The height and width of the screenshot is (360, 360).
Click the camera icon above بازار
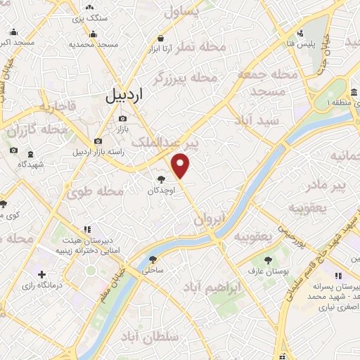click(x=123, y=118)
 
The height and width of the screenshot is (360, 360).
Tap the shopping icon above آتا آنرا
click(x=162, y=38)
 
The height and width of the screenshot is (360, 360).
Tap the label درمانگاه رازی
click(x=42, y=285)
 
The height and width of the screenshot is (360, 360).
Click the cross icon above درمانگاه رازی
click(x=42, y=274)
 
